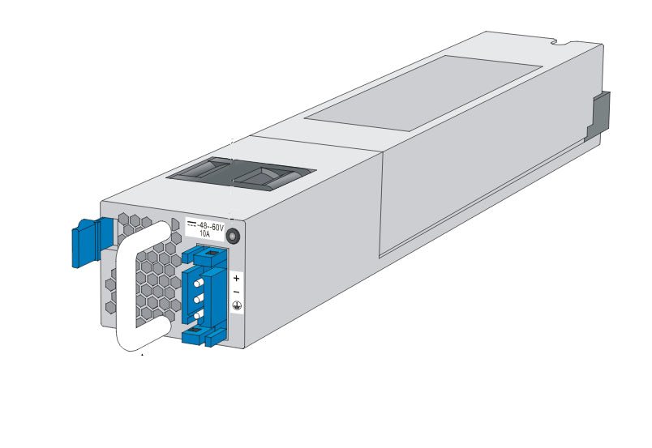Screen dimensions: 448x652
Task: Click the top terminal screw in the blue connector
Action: (x=198, y=283)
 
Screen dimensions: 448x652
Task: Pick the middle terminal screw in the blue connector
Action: (x=198, y=297)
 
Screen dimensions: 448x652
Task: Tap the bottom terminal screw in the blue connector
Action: (x=198, y=313)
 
